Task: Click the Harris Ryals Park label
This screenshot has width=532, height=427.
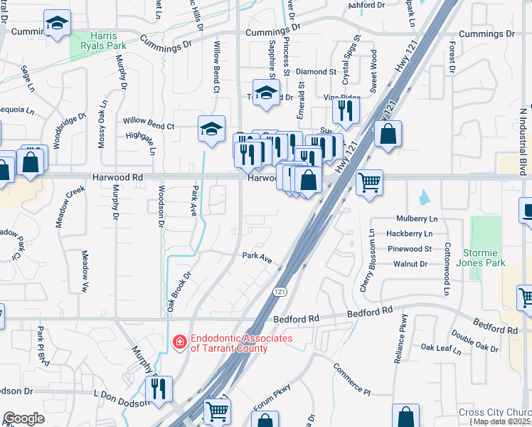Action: point(104,41)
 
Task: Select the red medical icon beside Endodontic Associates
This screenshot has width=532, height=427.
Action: point(180,343)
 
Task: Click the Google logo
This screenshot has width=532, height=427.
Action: point(23,418)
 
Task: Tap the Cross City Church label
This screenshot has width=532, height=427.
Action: point(494,413)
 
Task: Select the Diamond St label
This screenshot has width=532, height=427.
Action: point(316,72)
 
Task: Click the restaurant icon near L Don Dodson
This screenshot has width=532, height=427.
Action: point(158,388)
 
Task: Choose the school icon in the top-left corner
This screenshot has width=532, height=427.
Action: point(56,24)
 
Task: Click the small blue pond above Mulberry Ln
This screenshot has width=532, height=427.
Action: point(425,196)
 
